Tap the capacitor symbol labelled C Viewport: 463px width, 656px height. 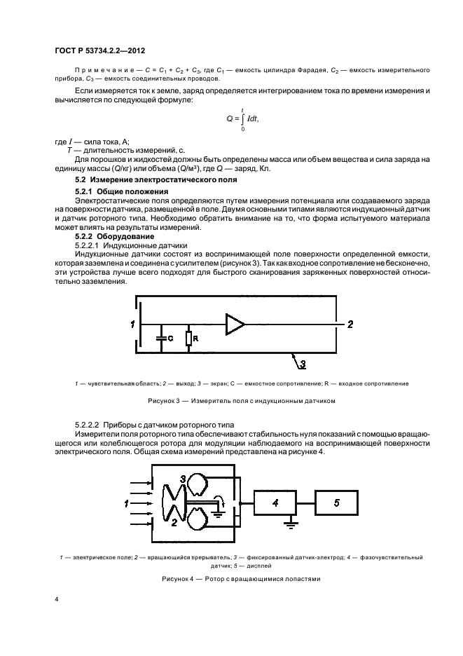[162, 338]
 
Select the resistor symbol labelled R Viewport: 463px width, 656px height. [188, 339]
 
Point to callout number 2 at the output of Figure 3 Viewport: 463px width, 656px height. [350, 324]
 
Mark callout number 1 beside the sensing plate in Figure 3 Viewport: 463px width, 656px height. [131, 324]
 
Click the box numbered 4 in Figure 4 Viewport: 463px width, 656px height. [275, 503]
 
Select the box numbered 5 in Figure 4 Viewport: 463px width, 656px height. [337, 503]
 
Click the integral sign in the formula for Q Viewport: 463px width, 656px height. [242, 119]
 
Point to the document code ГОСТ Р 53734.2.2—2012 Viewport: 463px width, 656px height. [104, 50]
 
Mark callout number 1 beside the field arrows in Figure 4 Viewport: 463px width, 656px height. [127, 503]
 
